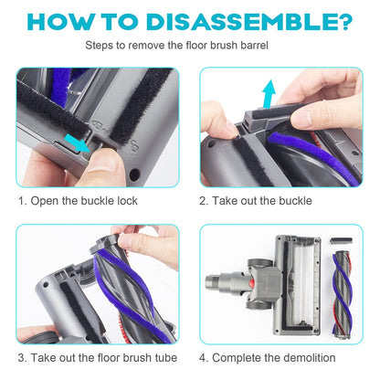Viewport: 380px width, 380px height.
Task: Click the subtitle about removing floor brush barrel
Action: [x=189, y=44]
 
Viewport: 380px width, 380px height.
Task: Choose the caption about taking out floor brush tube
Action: [x=98, y=357]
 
